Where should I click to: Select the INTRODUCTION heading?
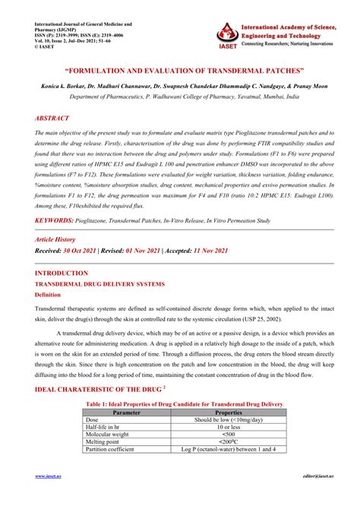[62, 272]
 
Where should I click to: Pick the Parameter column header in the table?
[126, 413]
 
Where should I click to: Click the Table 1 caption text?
[185, 404]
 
